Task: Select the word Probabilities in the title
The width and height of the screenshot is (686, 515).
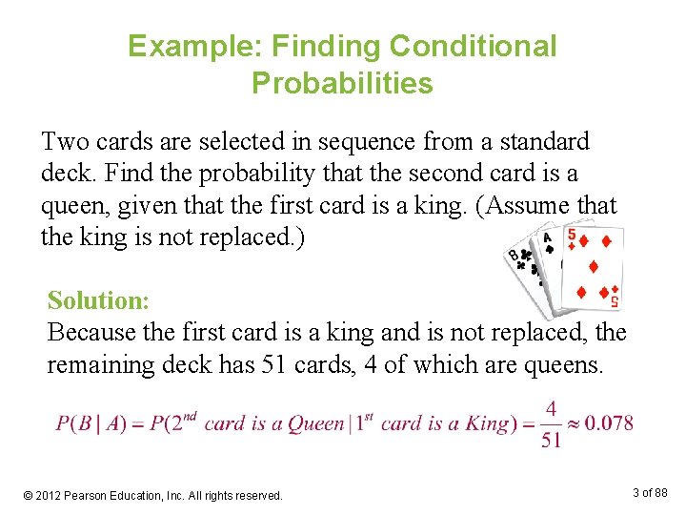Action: coord(342,83)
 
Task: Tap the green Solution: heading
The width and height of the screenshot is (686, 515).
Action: coord(98,300)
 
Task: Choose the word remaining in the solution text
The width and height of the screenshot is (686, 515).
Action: coord(99,364)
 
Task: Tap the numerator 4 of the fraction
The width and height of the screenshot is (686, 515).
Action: coord(551,408)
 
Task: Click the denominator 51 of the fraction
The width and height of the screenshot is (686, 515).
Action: coord(551,439)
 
